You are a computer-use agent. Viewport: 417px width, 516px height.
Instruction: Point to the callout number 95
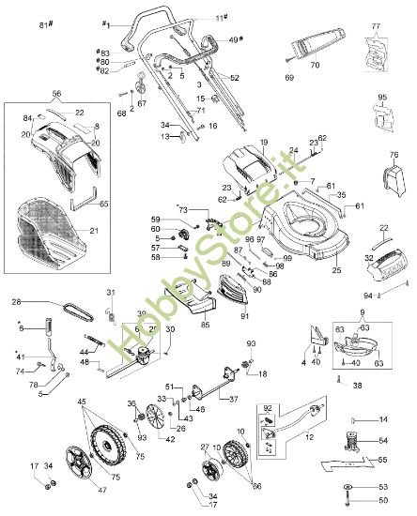[381, 98]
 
